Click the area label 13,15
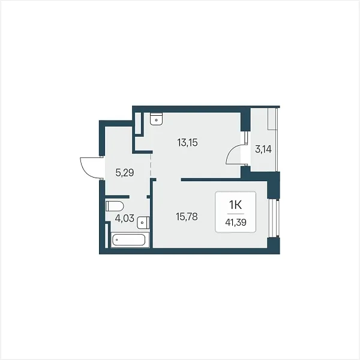pos(187,143)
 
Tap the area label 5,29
pos(125,173)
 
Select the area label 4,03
pos(124,218)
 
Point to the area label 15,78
pos(187,217)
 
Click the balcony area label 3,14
pos(263,149)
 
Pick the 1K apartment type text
pos(236,205)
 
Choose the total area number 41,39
pos(236,222)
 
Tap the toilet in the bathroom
pos(115,206)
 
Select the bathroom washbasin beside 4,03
pos(143,223)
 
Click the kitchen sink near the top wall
pos(157,119)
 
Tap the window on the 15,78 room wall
pos(274,218)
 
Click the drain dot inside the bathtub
pos(117,240)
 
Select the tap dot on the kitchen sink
pos(157,120)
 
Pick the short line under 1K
pos(236,214)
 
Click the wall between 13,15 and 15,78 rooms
pos(211,180)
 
